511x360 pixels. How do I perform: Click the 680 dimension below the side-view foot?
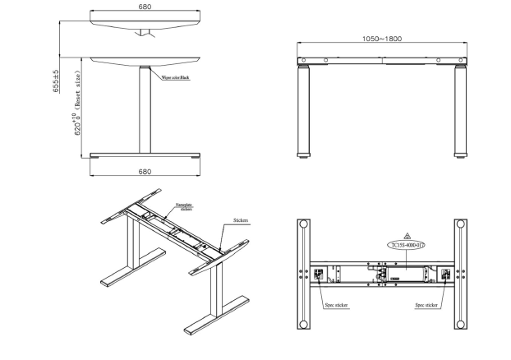tap(145, 172)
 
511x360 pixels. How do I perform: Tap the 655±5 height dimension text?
tap(56, 81)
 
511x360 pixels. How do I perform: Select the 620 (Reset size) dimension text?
tap(78, 115)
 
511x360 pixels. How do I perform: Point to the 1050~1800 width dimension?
tap(381, 39)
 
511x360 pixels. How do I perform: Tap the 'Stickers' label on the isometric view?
tap(241, 220)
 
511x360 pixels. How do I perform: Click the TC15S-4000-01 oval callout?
tap(407, 245)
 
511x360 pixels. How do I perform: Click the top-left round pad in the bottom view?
tap(304, 225)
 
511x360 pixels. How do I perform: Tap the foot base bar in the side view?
tap(145, 155)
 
